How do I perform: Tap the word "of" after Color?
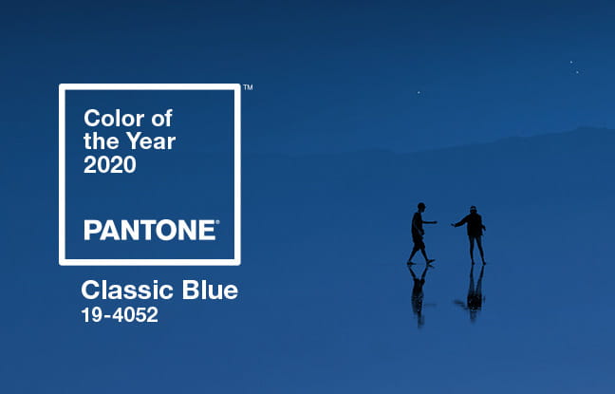coord(162,118)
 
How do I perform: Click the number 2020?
coord(110,164)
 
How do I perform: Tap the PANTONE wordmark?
coord(149,230)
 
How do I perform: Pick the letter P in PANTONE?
coord(91,230)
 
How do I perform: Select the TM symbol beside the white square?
coord(248,87)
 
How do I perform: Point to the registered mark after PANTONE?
coord(217,222)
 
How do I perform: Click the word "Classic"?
coord(127,291)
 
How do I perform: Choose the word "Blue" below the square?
coord(210,291)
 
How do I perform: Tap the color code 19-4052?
coord(120,315)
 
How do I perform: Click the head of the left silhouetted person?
coord(420,206)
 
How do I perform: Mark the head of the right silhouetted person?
coord(473,210)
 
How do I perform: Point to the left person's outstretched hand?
coord(435,222)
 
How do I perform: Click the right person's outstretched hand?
coord(454,225)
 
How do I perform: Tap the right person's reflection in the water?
coord(475,292)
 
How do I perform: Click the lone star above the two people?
coord(419,93)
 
